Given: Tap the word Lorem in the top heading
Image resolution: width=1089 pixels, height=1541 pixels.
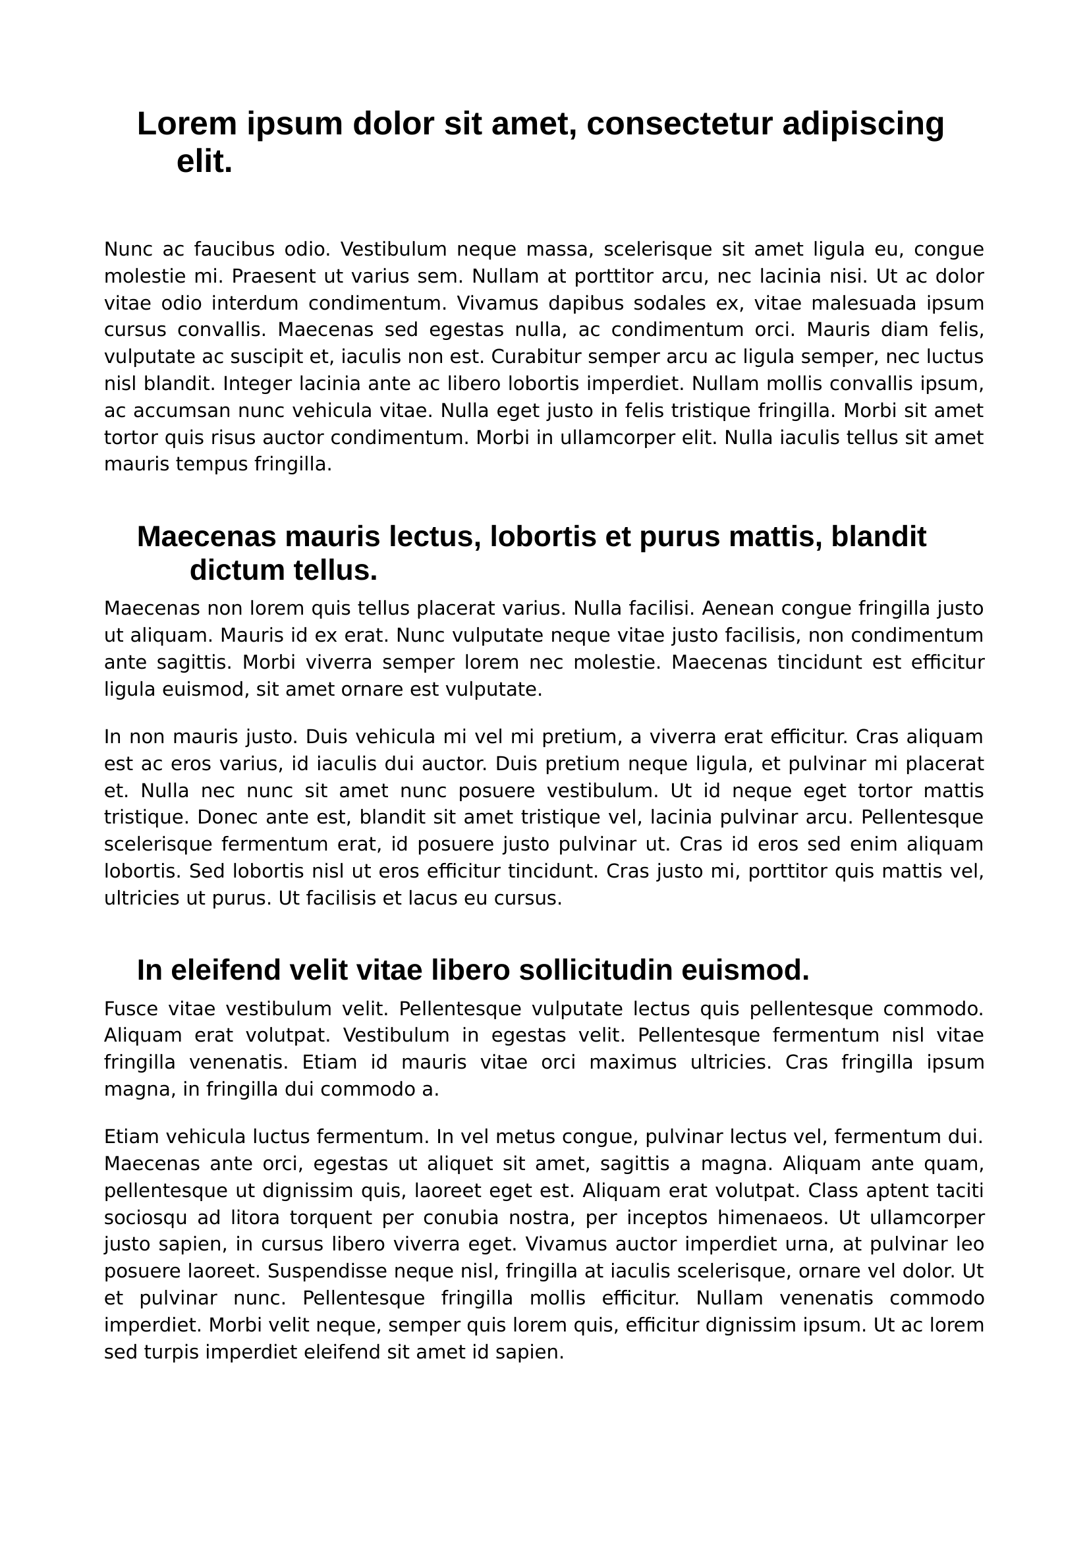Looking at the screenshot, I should pyautogui.click(x=187, y=124).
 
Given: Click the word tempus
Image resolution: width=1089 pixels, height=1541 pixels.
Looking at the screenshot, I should pyautogui.click(x=212, y=464).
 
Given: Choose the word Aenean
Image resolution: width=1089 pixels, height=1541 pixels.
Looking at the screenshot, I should pyautogui.click(x=738, y=609).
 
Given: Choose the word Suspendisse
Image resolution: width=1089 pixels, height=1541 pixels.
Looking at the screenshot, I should pyautogui.click(x=370, y=1271).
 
